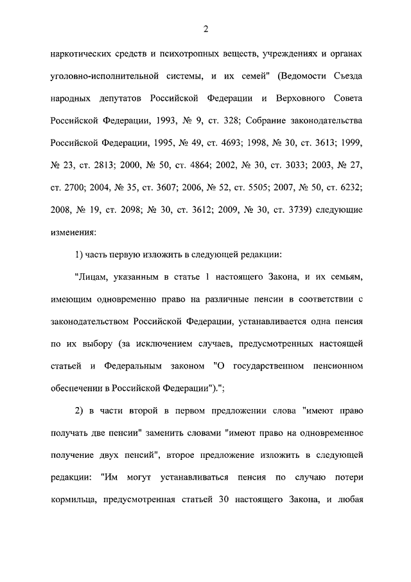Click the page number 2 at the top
point(205,29)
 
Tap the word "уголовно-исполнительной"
point(103,77)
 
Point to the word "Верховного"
point(301,100)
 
